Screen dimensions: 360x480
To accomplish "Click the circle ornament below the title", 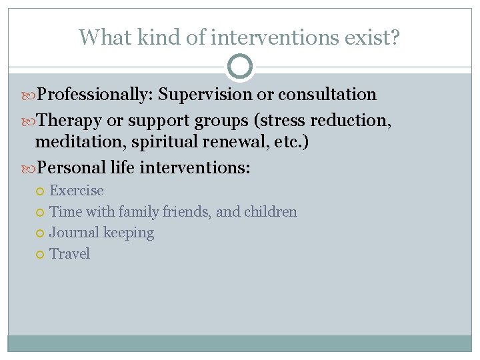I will (240, 67).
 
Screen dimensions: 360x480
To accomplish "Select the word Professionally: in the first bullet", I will (96, 95).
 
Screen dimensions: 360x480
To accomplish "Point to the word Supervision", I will (207, 95).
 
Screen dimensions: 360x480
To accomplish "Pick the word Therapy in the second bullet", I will (69, 121).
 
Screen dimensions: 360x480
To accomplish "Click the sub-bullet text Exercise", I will (77, 191).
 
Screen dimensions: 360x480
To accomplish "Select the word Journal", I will (73, 233).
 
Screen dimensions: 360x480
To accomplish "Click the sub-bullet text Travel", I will (70, 254).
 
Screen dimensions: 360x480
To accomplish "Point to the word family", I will (136, 212).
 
